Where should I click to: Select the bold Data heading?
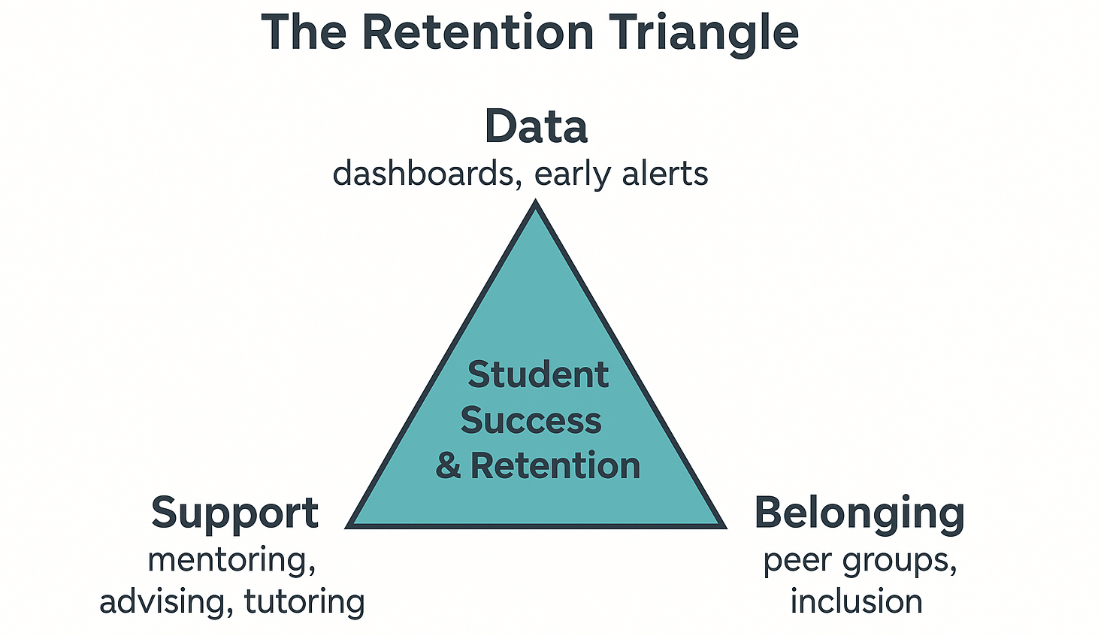[x=536, y=126]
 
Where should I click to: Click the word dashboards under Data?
[x=423, y=174]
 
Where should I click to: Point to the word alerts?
[x=664, y=174]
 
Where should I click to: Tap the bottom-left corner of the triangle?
[x=349, y=525]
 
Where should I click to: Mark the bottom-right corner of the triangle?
[x=723, y=525]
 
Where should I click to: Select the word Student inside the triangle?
[x=537, y=374]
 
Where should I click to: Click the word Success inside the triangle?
[x=531, y=420]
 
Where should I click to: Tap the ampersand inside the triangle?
[x=448, y=466]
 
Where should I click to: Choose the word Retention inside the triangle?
[x=555, y=466]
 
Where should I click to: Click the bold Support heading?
[x=234, y=514]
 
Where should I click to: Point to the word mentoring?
[x=231, y=561]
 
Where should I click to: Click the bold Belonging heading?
[x=859, y=514]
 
